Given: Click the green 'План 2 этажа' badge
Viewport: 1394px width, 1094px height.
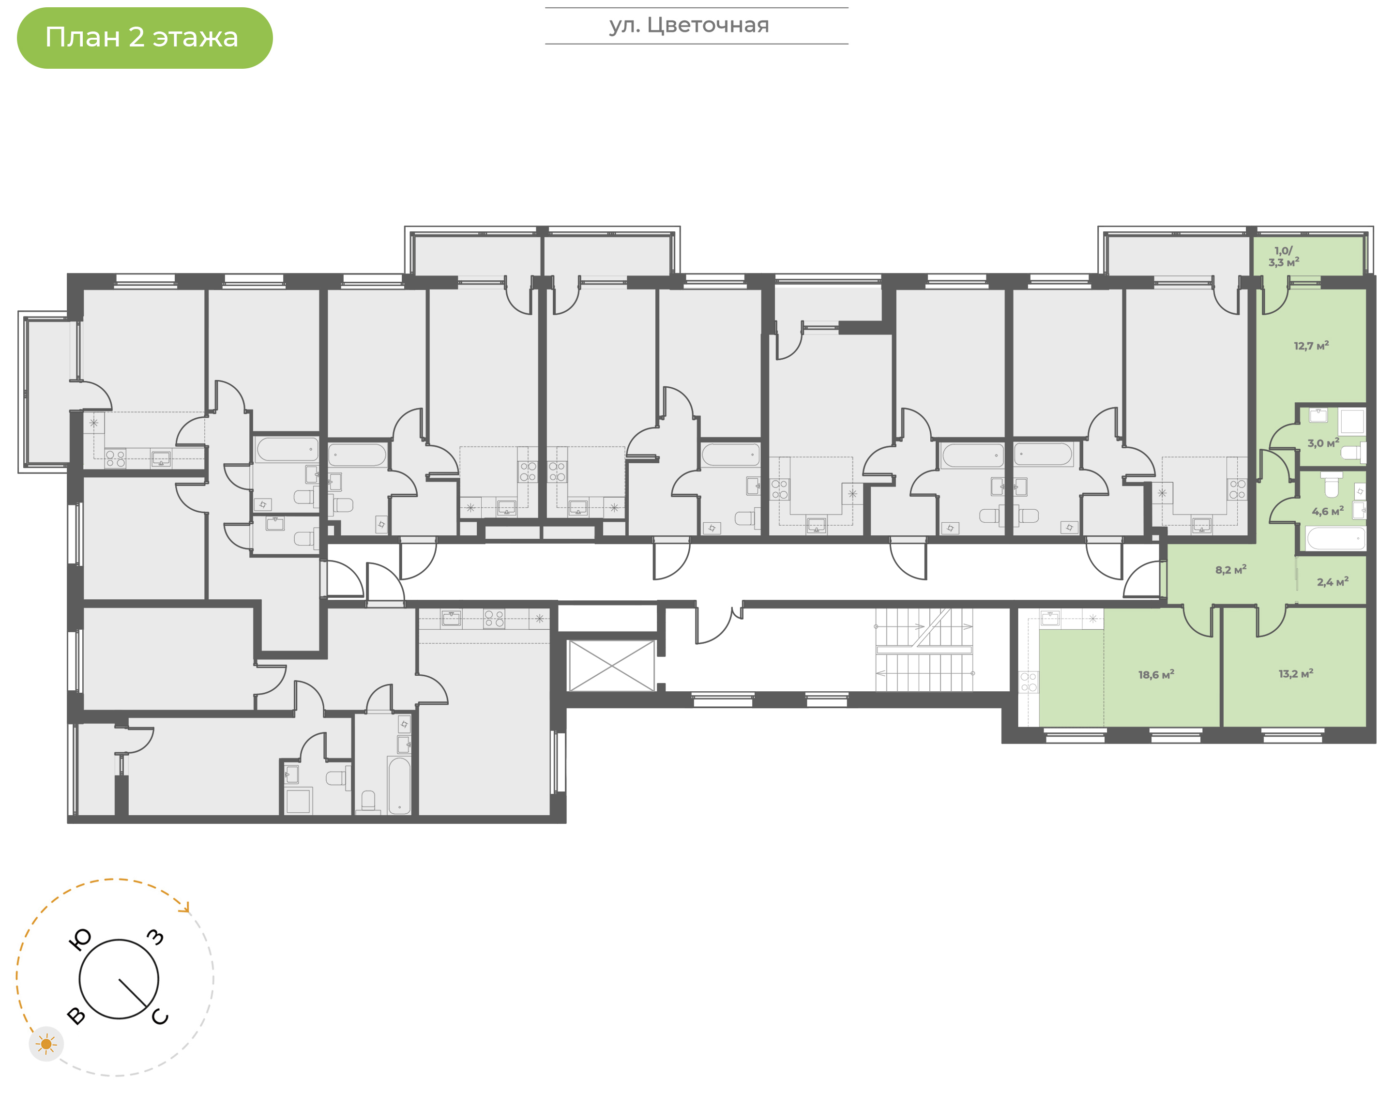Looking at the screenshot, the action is [x=145, y=38].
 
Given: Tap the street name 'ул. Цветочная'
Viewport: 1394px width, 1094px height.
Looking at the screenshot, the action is [x=689, y=26].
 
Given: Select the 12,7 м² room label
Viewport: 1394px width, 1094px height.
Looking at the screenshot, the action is [x=1311, y=346].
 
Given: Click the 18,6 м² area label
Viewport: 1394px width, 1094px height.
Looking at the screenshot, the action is [x=1156, y=674].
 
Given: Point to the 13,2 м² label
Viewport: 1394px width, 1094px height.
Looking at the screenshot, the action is [x=1295, y=674].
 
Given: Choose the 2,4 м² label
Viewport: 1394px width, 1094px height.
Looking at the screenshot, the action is [x=1333, y=581].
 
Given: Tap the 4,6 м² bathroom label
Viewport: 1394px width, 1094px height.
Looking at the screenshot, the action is [x=1327, y=511].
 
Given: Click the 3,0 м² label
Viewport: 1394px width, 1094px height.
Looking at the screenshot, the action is [x=1323, y=442].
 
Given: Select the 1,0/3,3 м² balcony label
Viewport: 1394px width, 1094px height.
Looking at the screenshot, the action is [x=1283, y=256].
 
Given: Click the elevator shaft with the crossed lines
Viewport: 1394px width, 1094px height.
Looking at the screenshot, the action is [x=611, y=666].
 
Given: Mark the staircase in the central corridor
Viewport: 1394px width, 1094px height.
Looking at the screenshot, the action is [x=924, y=650].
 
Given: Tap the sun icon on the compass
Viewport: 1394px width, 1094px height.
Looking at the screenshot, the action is [x=46, y=1045].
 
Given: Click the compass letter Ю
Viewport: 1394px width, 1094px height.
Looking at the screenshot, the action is [x=80, y=940].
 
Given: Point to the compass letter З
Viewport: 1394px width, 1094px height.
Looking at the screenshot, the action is [x=155, y=937].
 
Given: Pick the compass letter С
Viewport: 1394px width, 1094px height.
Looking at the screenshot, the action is [x=160, y=1017].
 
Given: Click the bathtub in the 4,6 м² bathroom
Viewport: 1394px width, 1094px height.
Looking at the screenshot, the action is [x=1335, y=538].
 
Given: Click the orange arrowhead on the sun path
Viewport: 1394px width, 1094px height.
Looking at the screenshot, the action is [x=186, y=908].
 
